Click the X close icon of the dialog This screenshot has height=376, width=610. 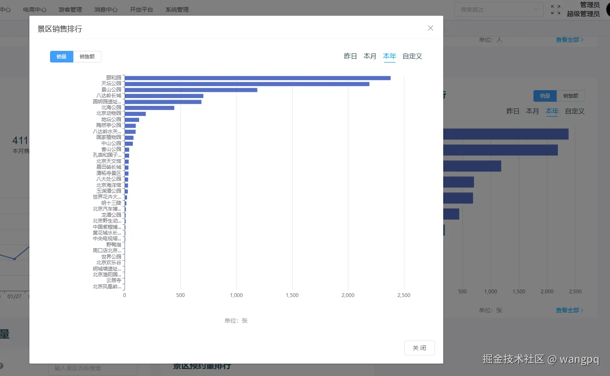(430, 28)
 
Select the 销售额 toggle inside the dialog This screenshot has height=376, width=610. (87, 57)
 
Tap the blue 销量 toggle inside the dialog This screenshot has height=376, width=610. (62, 57)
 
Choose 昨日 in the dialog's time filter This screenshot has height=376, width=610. (350, 56)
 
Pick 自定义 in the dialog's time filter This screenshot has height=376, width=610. (412, 56)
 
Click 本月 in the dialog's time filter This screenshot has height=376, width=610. (370, 56)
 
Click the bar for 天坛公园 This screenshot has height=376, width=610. (247, 84)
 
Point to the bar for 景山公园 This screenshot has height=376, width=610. (190, 90)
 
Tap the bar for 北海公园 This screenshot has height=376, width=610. (149, 108)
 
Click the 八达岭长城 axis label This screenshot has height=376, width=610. (109, 96)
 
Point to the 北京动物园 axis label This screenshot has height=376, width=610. (109, 113)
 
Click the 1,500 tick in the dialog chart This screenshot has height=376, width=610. (292, 295)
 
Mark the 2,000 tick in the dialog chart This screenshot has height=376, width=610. (348, 295)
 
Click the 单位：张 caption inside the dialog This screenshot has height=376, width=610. (236, 321)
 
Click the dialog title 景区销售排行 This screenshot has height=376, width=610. (60, 29)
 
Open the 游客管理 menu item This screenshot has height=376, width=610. (70, 10)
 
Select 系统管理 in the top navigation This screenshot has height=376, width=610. (177, 10)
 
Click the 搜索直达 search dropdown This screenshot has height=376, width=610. (499, 10)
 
